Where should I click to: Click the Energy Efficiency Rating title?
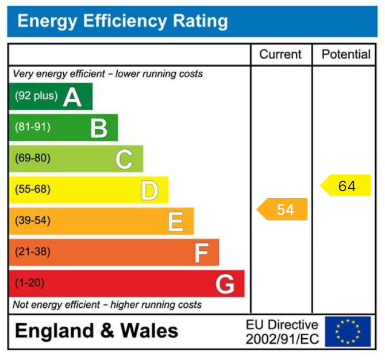coord(122,22)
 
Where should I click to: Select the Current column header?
coord(280,55)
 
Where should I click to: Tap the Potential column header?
coord(346,55)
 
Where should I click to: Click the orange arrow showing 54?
coord(283,210)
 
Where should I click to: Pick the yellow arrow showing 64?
coord(346,186)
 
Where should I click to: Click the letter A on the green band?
coord(72,97)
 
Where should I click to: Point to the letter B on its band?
coord(98,128)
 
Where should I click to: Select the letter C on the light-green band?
coord(124,159)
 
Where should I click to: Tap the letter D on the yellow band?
coord(149,190)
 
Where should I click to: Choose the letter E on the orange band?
coord(175,221)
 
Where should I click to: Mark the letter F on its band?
coord(201,252)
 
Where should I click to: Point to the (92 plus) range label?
coord(36,96)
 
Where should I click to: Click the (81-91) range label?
coord(33,127)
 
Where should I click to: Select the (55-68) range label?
coord(33,189)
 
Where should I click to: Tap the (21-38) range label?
coord(33,251)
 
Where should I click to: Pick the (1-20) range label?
coord(30,282)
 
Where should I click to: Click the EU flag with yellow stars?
coord(348,332)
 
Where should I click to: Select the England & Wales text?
coord(97,331)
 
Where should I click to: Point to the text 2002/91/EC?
coord(282,339)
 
